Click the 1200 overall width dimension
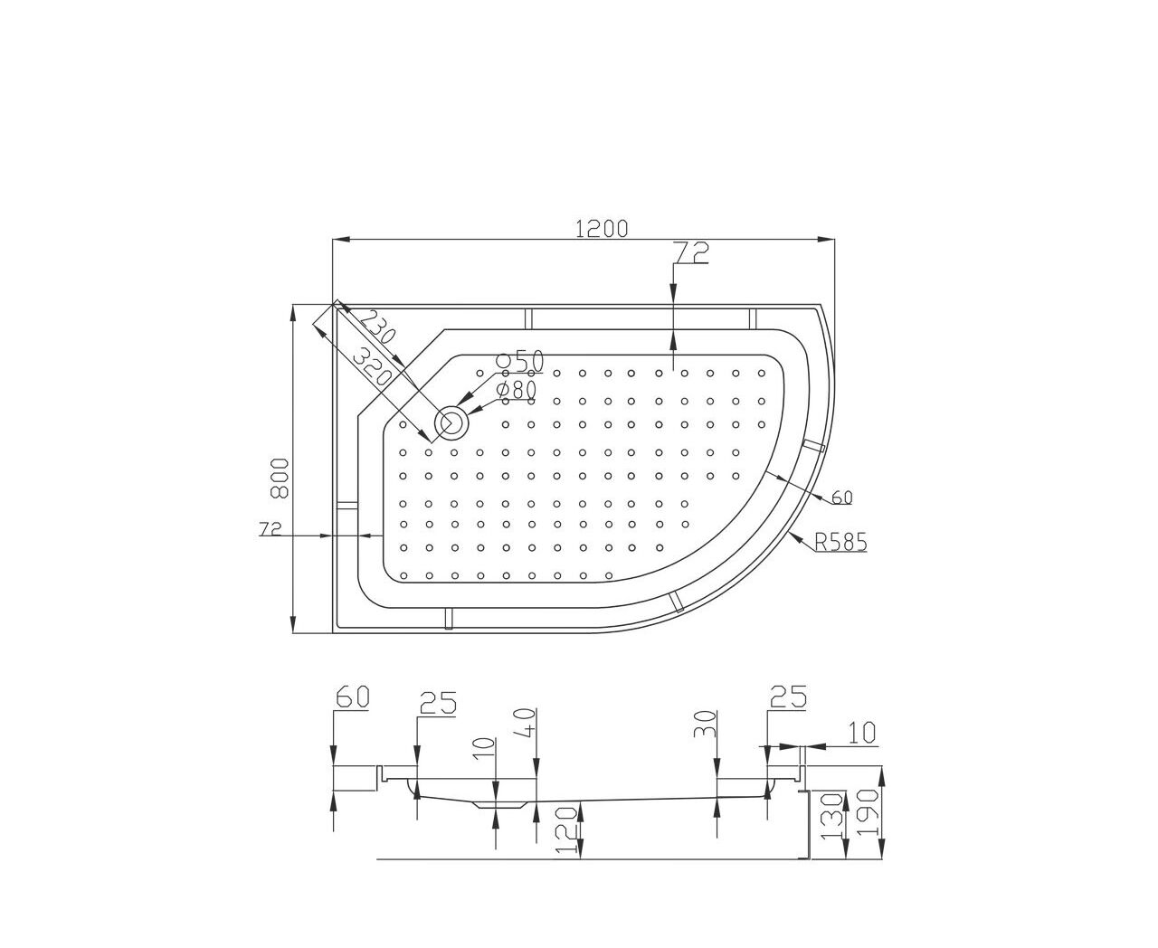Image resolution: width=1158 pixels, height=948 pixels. pyautogui.click(x=601, y=228)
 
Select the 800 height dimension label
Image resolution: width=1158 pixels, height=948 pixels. pyautogui.click(x=280, y=479)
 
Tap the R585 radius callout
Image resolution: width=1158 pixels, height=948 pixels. pyautogui.click(x=840, y=543)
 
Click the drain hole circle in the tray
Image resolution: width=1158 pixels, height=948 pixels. pyautogui.click(x=451, y=422)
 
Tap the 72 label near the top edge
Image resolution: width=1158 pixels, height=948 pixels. pyautogui.click(x=691, y=252)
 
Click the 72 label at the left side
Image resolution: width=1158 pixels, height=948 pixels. pyautogui.click(x=270, y=528)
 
